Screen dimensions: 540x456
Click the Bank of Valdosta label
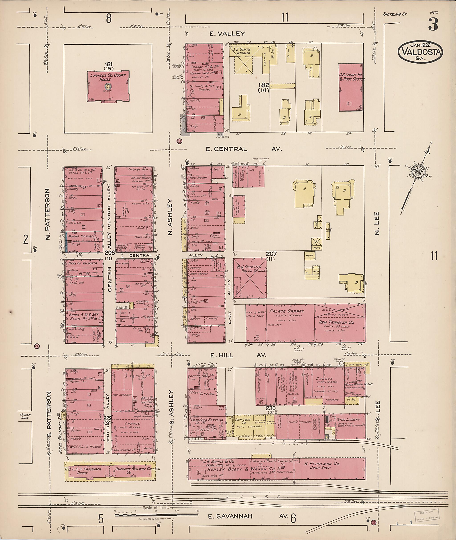click(x=82, y=263)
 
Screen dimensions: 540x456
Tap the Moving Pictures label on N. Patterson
click(x=81, y=236)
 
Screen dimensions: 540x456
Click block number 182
click(x=263, y=85)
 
